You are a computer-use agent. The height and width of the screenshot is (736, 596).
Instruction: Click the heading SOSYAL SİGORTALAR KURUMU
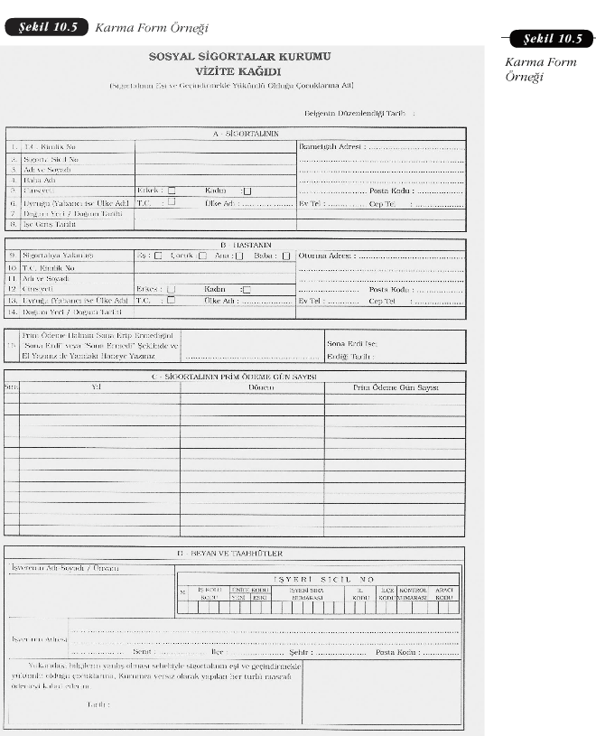click(239, 56)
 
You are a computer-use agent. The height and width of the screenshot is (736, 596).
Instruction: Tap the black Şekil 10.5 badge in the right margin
click(552, 39)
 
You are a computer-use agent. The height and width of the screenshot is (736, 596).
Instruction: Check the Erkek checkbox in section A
click(172, 191)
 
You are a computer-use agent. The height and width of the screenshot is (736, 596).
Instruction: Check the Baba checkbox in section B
click(284, 256)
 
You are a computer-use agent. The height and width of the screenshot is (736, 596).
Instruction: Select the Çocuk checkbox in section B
click(201, 256)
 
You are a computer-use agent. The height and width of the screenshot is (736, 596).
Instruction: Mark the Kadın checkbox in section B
click(247, 289)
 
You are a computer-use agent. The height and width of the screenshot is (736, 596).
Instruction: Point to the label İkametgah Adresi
click(331, 144)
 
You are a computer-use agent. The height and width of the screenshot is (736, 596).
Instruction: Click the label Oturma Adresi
click(326, 256)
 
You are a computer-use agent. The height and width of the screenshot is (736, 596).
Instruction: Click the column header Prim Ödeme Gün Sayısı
click(396, 387)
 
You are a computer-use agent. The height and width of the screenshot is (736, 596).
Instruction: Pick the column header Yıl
click(97, 387)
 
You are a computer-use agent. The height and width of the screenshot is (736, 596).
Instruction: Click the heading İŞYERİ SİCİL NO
click(322, 578)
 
